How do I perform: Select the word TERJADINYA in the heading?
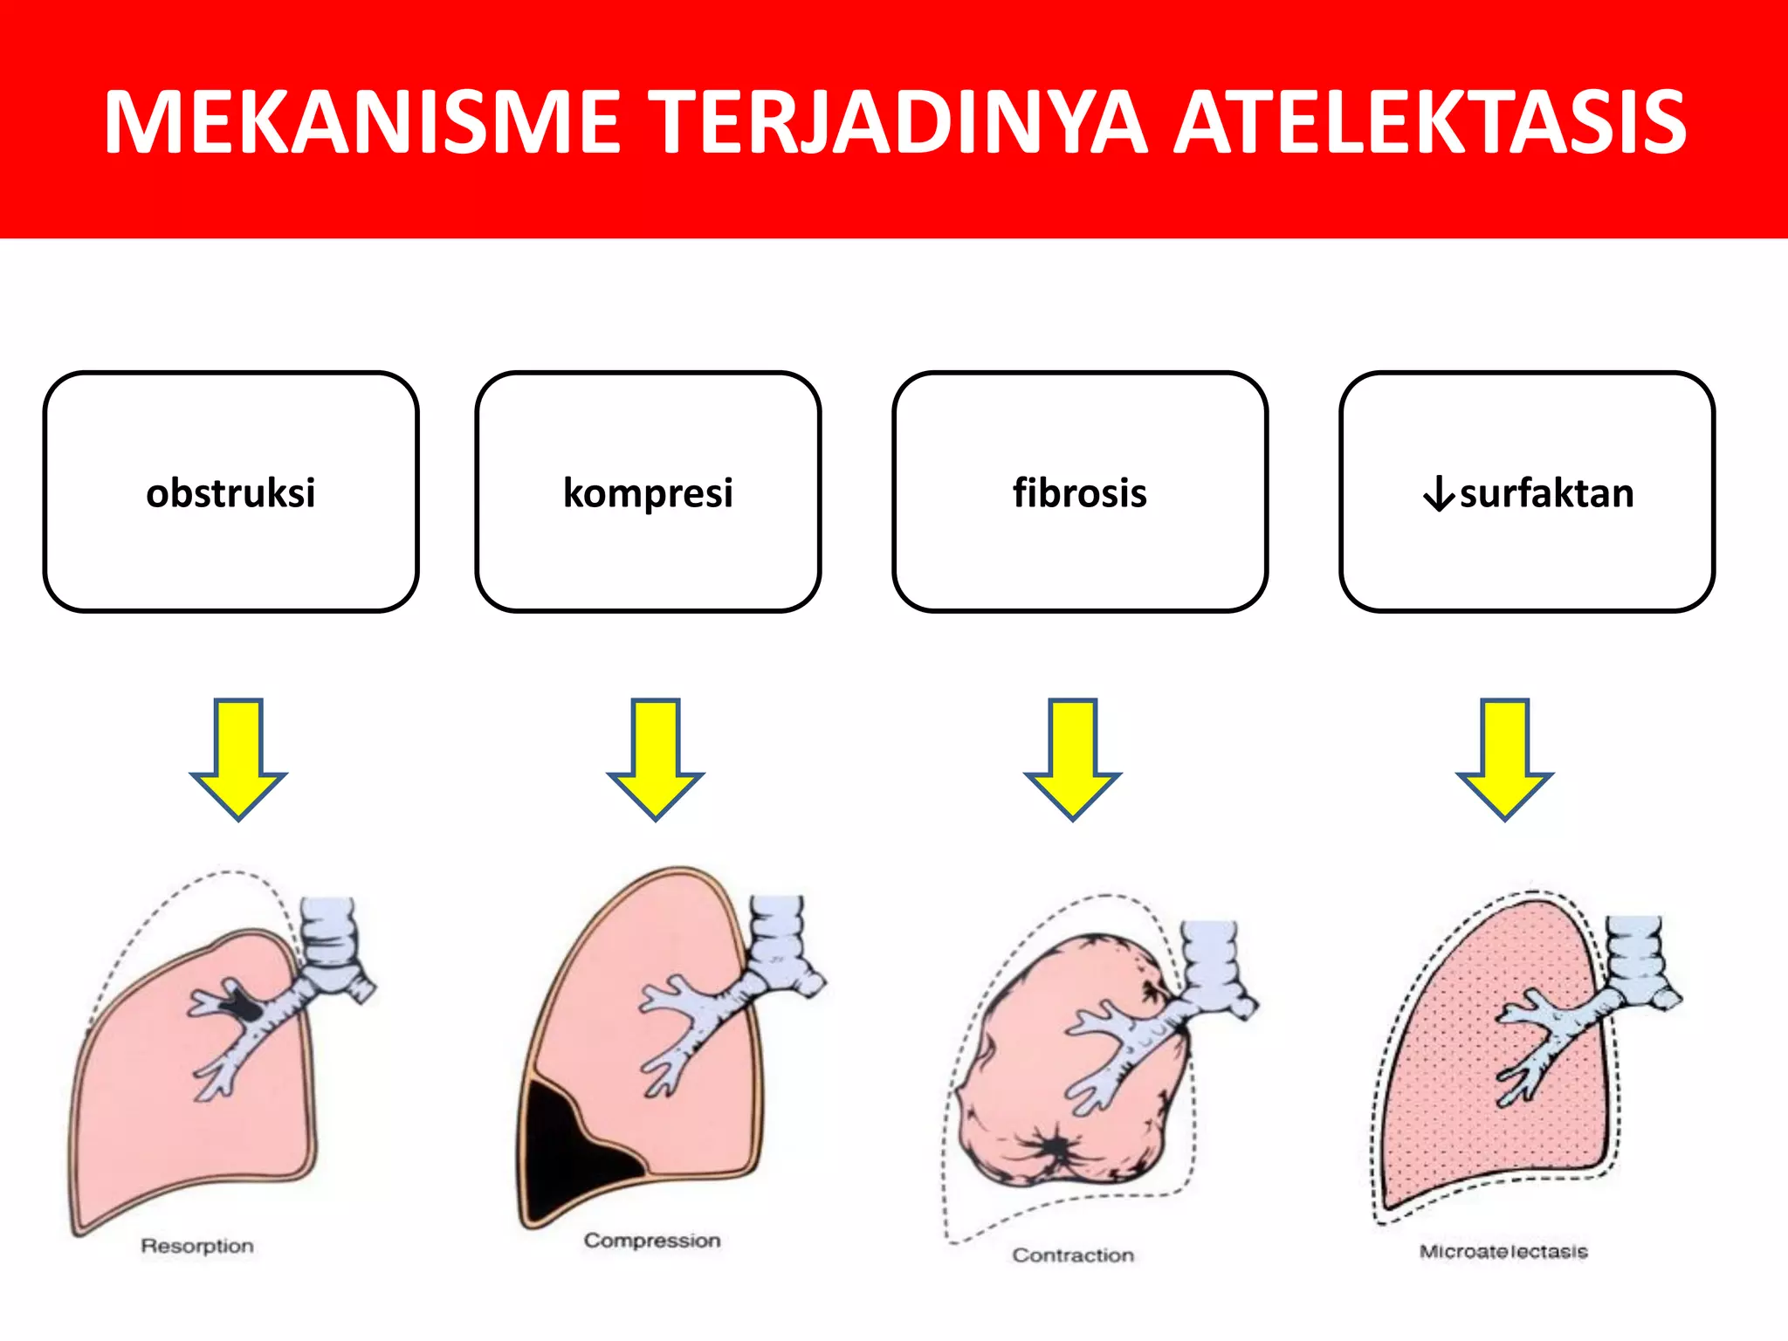(900, 122)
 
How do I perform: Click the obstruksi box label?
(230, 493)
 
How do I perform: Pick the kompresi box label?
(648, 493)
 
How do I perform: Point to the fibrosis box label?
(1079, 493)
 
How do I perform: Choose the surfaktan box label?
(1546, 493)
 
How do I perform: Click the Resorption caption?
(197, 1246)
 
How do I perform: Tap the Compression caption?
(652, 1241)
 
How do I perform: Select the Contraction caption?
(1073, 1255)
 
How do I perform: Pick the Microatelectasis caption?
(1503, 1252)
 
